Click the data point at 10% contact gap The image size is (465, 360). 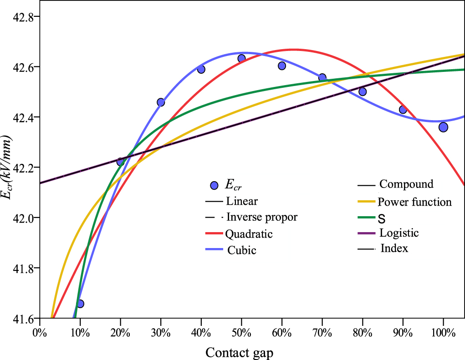pos(80,304)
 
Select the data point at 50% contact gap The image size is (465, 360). pos(241,58)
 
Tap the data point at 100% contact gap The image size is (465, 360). pos(443,127)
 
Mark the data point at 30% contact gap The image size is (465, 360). pos(161,102)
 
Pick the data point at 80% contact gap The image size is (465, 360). pos(363,91)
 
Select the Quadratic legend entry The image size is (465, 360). pos(249,234)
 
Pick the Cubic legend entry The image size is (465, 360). pos(242,250)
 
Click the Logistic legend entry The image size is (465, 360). pos(399,233)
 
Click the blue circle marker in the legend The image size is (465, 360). pos(214,185)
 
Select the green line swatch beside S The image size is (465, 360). pos(366,218)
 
